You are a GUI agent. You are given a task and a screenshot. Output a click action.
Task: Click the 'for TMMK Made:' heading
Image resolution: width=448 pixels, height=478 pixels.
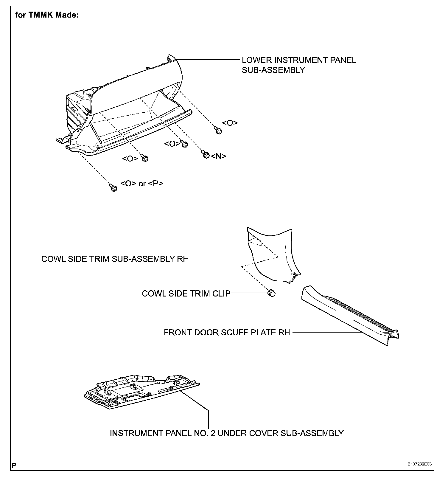pos(47,15)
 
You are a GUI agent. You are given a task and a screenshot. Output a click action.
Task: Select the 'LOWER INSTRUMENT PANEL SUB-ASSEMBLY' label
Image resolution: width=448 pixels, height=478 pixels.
pos(298,65)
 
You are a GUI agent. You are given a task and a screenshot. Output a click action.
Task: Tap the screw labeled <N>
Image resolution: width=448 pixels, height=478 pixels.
pos(205,154)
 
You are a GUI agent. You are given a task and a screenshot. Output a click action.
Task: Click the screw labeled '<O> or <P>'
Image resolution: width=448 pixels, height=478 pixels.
pos(113,187)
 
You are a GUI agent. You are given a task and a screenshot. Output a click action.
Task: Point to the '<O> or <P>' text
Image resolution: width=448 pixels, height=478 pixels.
pos(142,184)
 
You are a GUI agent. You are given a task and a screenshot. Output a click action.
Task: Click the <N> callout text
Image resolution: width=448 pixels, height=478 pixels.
pos(219,156)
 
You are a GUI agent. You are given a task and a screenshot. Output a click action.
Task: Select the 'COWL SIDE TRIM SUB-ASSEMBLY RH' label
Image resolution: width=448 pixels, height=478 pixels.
pos(115,259)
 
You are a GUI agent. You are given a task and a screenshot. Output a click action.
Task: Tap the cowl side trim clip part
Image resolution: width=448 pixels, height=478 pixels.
pos(271,293)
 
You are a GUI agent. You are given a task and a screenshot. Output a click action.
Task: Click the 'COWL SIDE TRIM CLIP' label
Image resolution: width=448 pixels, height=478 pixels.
pos(186,294)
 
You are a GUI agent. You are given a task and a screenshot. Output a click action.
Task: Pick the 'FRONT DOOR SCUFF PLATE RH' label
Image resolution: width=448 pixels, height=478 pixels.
pos(227,332)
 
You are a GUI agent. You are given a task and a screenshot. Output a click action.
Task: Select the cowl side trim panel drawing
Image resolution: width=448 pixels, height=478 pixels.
pos(273,256)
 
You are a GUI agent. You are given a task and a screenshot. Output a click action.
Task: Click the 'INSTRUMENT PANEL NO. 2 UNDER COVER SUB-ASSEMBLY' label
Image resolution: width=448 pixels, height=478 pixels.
pos(227,433)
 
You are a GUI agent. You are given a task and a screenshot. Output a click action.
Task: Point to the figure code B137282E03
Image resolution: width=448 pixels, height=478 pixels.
pos(420,464)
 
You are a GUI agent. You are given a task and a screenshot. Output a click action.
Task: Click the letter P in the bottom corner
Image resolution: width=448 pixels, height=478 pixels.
pos(14,465)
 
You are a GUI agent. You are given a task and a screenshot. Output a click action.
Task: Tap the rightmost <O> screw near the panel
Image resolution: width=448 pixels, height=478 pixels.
pos(218,131)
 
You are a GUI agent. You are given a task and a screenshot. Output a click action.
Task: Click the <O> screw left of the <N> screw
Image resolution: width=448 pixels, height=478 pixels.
pos(185,145)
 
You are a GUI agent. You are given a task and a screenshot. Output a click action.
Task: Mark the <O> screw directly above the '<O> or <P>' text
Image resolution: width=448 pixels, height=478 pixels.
pos(145,158)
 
